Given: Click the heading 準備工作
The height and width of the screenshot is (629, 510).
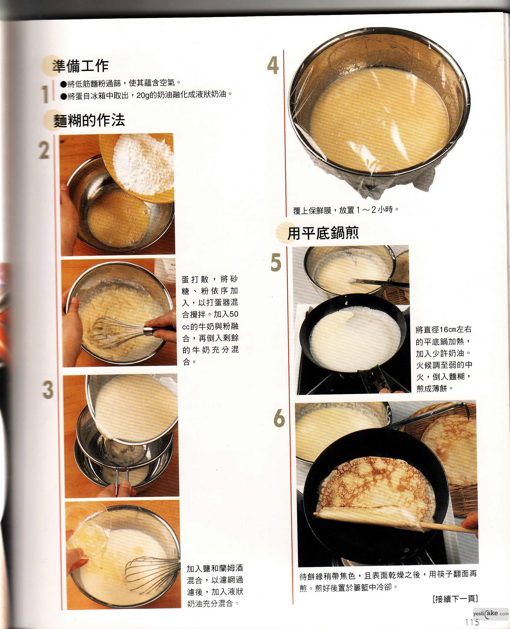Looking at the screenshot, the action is (x=81, y=66).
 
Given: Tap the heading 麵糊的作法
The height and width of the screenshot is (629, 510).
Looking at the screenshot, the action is (x=89, y=120).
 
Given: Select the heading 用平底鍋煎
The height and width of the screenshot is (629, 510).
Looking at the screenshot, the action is (x=323, y=233).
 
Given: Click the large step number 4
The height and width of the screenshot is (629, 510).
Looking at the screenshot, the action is (x=273, y=65).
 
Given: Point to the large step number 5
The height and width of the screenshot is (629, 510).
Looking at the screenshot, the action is (x=276, y=262).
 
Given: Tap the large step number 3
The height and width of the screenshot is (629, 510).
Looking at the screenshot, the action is (x=48, y=390).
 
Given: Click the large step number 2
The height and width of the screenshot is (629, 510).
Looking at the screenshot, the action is (x=44, y=150).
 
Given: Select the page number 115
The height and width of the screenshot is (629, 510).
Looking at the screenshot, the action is (x=472, y=622).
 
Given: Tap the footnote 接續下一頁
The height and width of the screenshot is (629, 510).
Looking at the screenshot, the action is (x=455, y=599).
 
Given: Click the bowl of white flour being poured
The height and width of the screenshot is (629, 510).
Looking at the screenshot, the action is (x=138, y=167).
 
